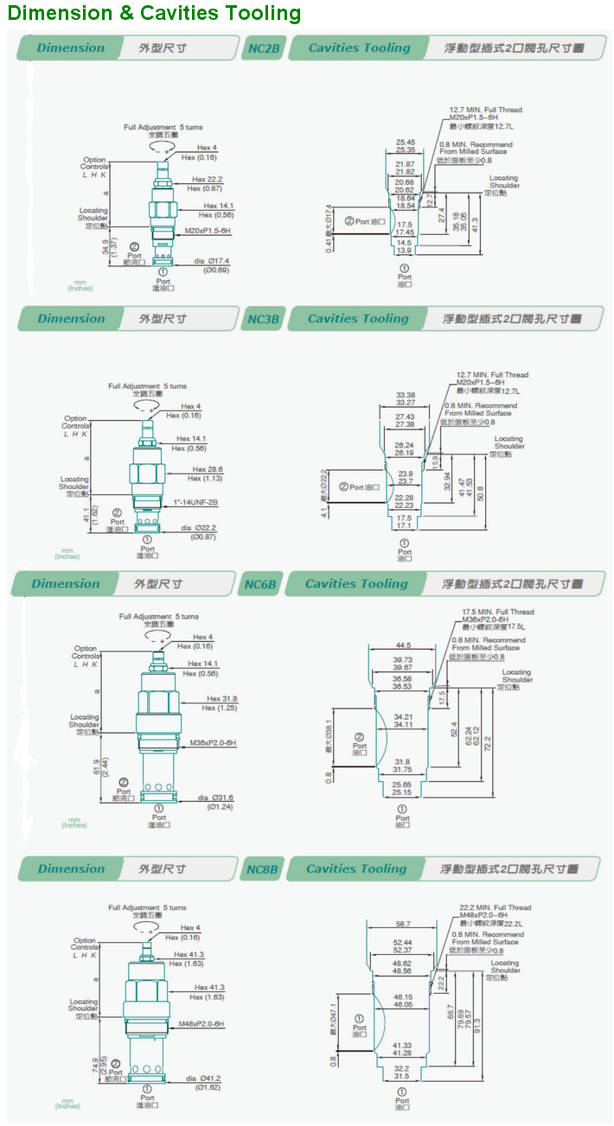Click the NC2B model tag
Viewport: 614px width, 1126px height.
(263, 48)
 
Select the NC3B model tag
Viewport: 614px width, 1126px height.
(263, 319)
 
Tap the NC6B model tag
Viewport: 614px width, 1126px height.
(259, 584)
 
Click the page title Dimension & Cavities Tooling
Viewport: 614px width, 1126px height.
(155, 13)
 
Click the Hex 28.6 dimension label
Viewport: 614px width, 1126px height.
(208, 470)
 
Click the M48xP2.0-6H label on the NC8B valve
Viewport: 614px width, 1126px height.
(201, 1024)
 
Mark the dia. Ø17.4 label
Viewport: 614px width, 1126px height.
(211, 261)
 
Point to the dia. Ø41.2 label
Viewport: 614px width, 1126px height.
(204, 1078)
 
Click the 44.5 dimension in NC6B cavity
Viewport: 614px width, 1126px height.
(402, 646)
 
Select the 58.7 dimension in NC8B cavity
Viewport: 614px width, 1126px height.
(402, 925)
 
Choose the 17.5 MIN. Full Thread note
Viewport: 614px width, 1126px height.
(498, 612)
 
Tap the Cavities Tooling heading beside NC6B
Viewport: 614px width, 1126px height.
(355, 584)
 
